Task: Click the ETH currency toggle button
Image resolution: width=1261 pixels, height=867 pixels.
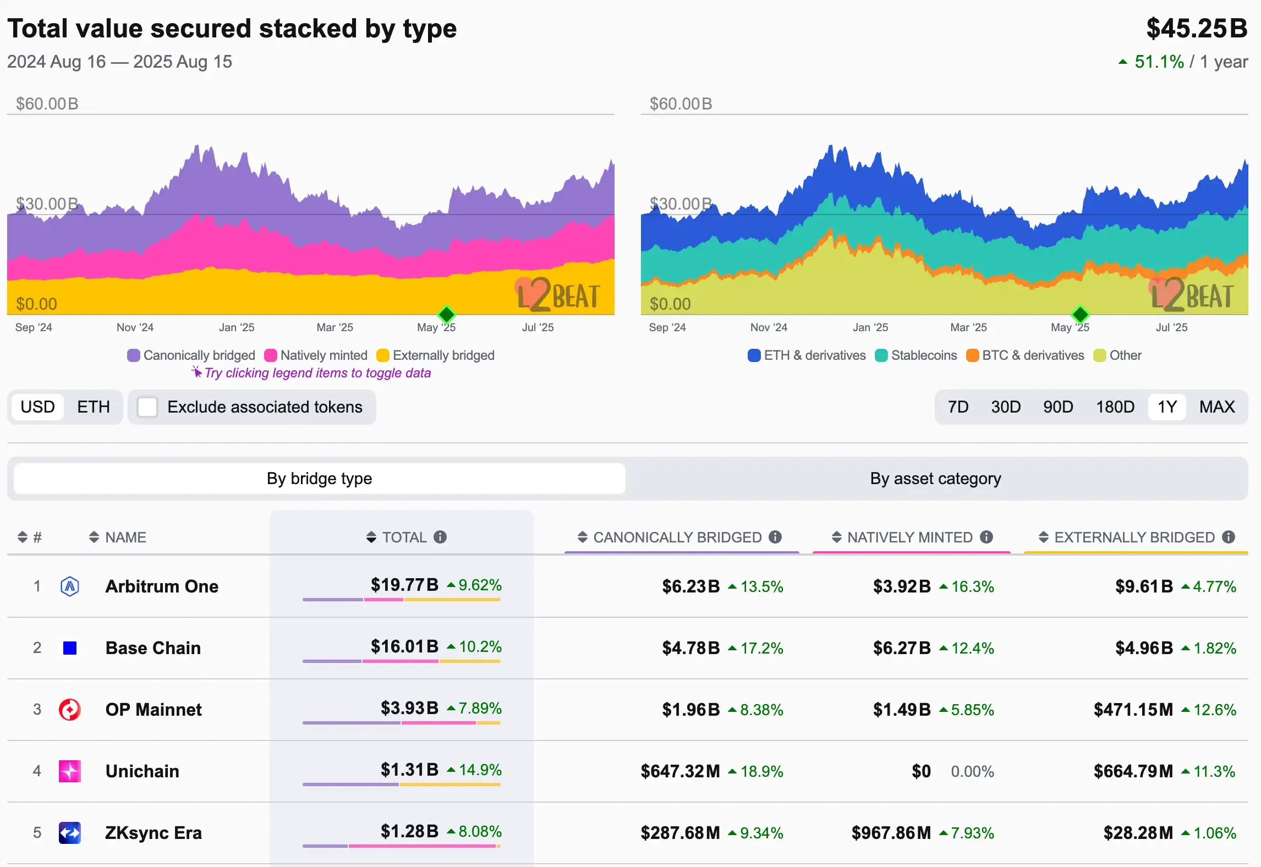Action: pyautogui.click(x=94, y=407)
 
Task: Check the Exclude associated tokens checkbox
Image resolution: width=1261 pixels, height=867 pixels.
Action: pyautogui.click(x=147, y=407)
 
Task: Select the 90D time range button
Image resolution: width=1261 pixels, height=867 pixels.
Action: pyautogui.click(x=1057, y=407)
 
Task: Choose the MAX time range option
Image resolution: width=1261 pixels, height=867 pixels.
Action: pyautogui.click(x=1216, y=407)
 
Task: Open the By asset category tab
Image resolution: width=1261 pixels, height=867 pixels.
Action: pyautogui.click(x=935, y=479)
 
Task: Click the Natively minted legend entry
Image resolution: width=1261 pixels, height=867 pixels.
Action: pyautogui.click(x=316, y=355)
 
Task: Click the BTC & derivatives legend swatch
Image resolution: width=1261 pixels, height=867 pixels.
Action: pyautogui.click(x=973, y=355)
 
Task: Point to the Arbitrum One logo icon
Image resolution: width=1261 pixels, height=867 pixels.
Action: pyautogui.click(x=70, y=586)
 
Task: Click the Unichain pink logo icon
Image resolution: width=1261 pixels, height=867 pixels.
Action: pyautogui.click(x=70, y=771)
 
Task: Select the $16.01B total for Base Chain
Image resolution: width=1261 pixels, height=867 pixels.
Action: pyautogui.click(x=404, y=646)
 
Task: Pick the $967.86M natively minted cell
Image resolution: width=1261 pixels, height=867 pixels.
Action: pyautogui.click(x=891, y=833)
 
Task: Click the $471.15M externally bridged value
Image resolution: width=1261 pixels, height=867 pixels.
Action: pyautogui.click(x=1133, y=710)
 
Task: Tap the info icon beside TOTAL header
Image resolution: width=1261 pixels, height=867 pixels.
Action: pyautogui.click(x=440, y=537)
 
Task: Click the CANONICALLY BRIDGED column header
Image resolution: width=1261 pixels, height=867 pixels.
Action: pyautogui.click(x=677, y=537)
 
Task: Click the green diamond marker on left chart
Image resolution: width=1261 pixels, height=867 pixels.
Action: pyautogui.click(x=447, y=315)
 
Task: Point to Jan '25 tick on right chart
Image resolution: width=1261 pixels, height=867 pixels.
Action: pyautogui.click(x=870, y=327)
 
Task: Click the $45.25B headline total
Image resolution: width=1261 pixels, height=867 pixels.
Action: pyautogui.click(x=1197, y=29)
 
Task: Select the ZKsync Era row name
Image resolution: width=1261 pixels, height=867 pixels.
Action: pyautogui.click(x=153, y=833)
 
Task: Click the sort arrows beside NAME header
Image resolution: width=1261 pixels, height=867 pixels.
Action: pyautogui.click(x=94, y=537)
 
